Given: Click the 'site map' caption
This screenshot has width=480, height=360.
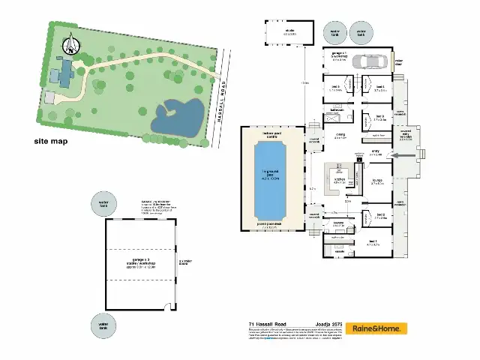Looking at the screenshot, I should coord(51,141).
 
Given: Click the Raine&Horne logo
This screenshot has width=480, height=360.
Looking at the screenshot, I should coord(380,328).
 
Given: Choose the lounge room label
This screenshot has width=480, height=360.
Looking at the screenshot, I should coord(377,181).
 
